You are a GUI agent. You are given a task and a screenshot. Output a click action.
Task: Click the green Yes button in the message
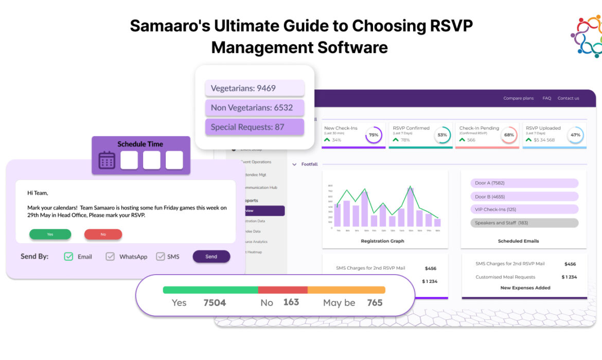(x=50, y=235)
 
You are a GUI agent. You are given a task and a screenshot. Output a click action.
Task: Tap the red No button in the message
(x=103, y=235)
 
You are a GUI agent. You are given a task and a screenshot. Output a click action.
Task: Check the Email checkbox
(x=68, y=256)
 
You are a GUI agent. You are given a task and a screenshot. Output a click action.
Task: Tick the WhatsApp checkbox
(x=110, y=256)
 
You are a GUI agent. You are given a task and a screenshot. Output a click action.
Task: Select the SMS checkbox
(x=161, y=256)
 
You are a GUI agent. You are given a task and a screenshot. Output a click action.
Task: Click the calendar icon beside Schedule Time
(x=107, y=160)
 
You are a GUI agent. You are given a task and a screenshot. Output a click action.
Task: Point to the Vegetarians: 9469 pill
(x=255, y=88)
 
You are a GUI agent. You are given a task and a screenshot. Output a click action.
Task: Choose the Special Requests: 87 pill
(x=255, y=127)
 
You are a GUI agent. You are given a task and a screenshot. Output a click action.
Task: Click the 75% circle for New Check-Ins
(x=374, y=135)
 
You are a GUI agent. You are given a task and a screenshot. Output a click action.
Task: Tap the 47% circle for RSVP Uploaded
(x=575, y=135)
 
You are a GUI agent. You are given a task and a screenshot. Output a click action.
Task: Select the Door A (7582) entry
(x=524, y=183)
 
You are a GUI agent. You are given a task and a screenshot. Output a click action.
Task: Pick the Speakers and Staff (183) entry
(x=524, y=223)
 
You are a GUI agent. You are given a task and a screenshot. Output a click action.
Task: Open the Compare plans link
(x=518, y=98)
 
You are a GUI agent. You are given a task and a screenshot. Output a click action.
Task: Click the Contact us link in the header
(x=568, y=98)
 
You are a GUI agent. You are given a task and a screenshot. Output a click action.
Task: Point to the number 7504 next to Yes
(x=215, y=302)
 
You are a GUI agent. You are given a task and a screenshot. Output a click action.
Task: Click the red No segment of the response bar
(x=282, y=290)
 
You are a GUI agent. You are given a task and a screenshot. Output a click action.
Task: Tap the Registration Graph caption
(x=382, y=241)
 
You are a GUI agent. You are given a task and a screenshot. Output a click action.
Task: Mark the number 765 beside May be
(x=375, y=302)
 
